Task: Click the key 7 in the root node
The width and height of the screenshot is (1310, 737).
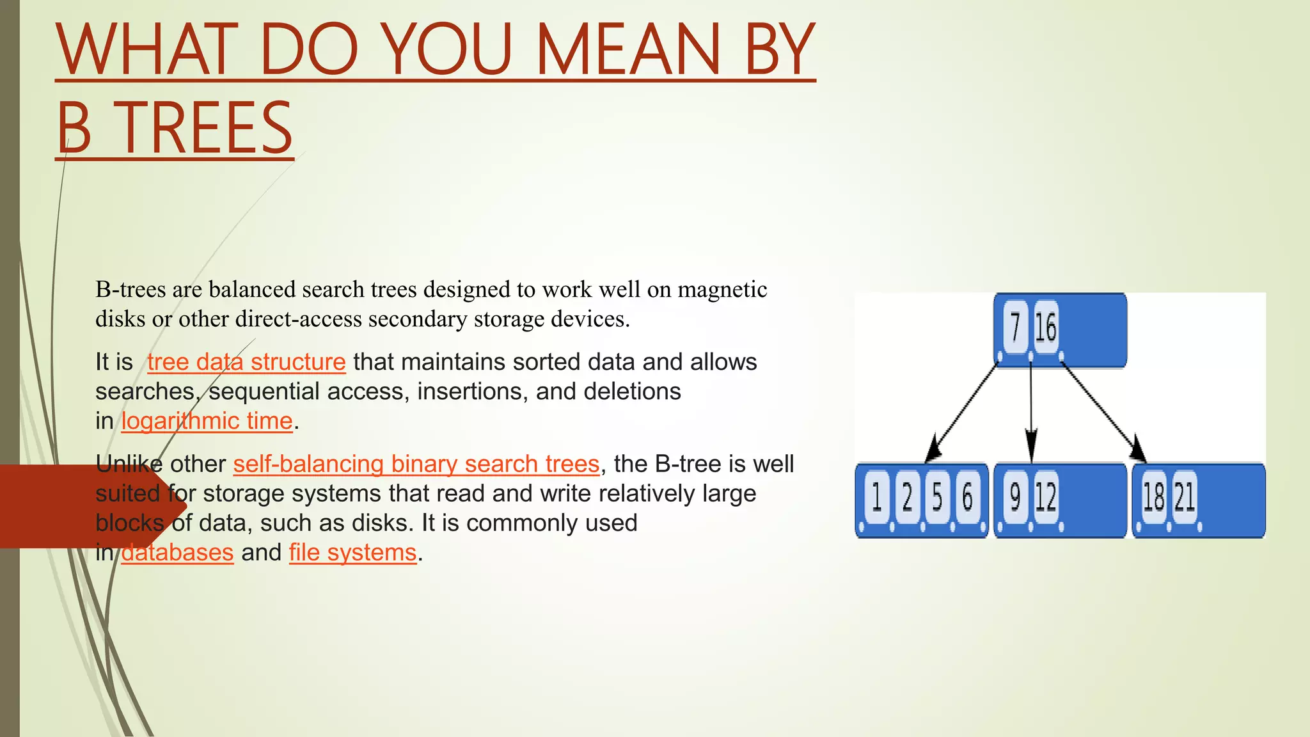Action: [x=1015, y=327]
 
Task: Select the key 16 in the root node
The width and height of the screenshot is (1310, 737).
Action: [x=1046, y=327]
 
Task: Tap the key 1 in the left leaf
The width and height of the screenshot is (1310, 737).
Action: [x=877, y=497]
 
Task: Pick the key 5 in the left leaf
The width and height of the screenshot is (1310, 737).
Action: [x=937, y=497]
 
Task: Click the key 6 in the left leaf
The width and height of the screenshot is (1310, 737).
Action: [x=967, y=497]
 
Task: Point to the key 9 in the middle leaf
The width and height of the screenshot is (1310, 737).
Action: [x=1015, y=497]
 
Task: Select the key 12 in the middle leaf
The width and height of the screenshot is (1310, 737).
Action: [x=1046, y=497]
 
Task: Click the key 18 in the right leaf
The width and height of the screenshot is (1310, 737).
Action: [x=1153, y=497]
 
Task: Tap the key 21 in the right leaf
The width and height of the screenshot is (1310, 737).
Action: [x=1185, y=497]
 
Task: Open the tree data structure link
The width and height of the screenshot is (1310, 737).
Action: [x=246, y=362]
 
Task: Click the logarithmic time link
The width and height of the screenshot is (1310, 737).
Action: [x=207, y=421]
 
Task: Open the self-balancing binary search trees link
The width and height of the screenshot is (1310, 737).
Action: [x=416, y=464]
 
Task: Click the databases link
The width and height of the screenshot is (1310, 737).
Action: [x=177, y=552]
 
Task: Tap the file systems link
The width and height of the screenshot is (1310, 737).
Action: [x=352, y=552]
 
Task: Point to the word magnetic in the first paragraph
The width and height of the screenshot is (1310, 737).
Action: [x=722, y=290]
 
